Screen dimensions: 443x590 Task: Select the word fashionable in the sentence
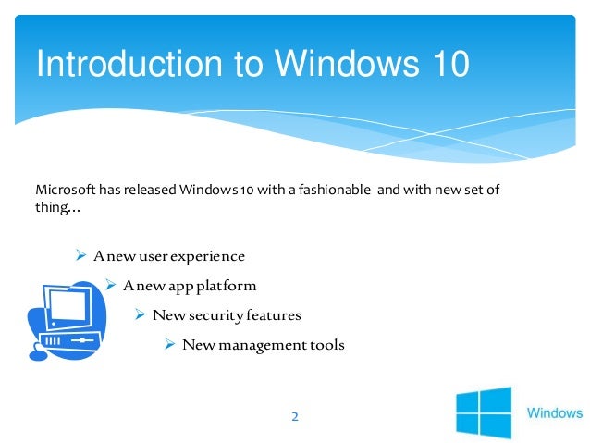329,191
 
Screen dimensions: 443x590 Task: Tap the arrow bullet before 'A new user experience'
80,255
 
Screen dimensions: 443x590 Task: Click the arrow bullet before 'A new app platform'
110,285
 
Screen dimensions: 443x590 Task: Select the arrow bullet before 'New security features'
140,314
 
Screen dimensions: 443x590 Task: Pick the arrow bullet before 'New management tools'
169,345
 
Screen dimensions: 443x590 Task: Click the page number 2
295,417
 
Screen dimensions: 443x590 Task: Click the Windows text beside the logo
555,412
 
